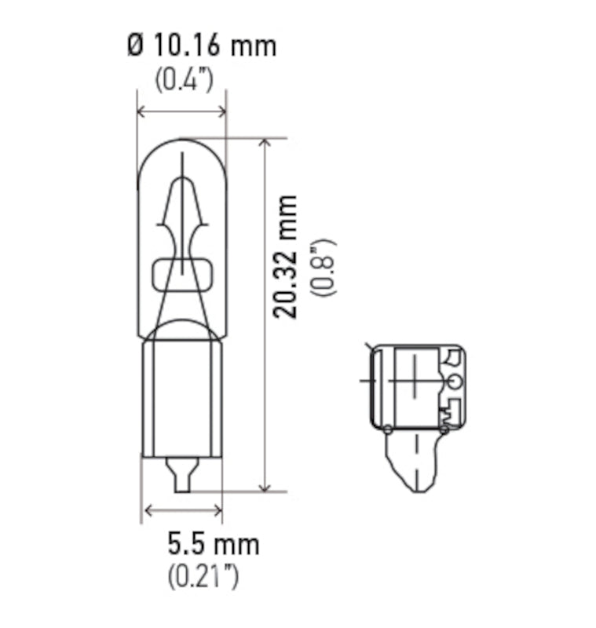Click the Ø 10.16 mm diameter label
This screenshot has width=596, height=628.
(x=201, y=46)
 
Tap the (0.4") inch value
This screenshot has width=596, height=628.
(x=183, y=80)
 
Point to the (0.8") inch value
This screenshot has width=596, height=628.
(x=323, y=266)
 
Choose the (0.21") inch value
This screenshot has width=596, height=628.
(x=203, y=577)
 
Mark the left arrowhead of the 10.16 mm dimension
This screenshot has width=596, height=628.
(x=142, y=112)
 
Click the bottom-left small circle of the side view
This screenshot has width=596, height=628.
(x=387, y=428)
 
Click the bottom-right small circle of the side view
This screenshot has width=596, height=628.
(x=444, y=429)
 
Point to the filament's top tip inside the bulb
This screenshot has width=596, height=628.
(x=182, y=157)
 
